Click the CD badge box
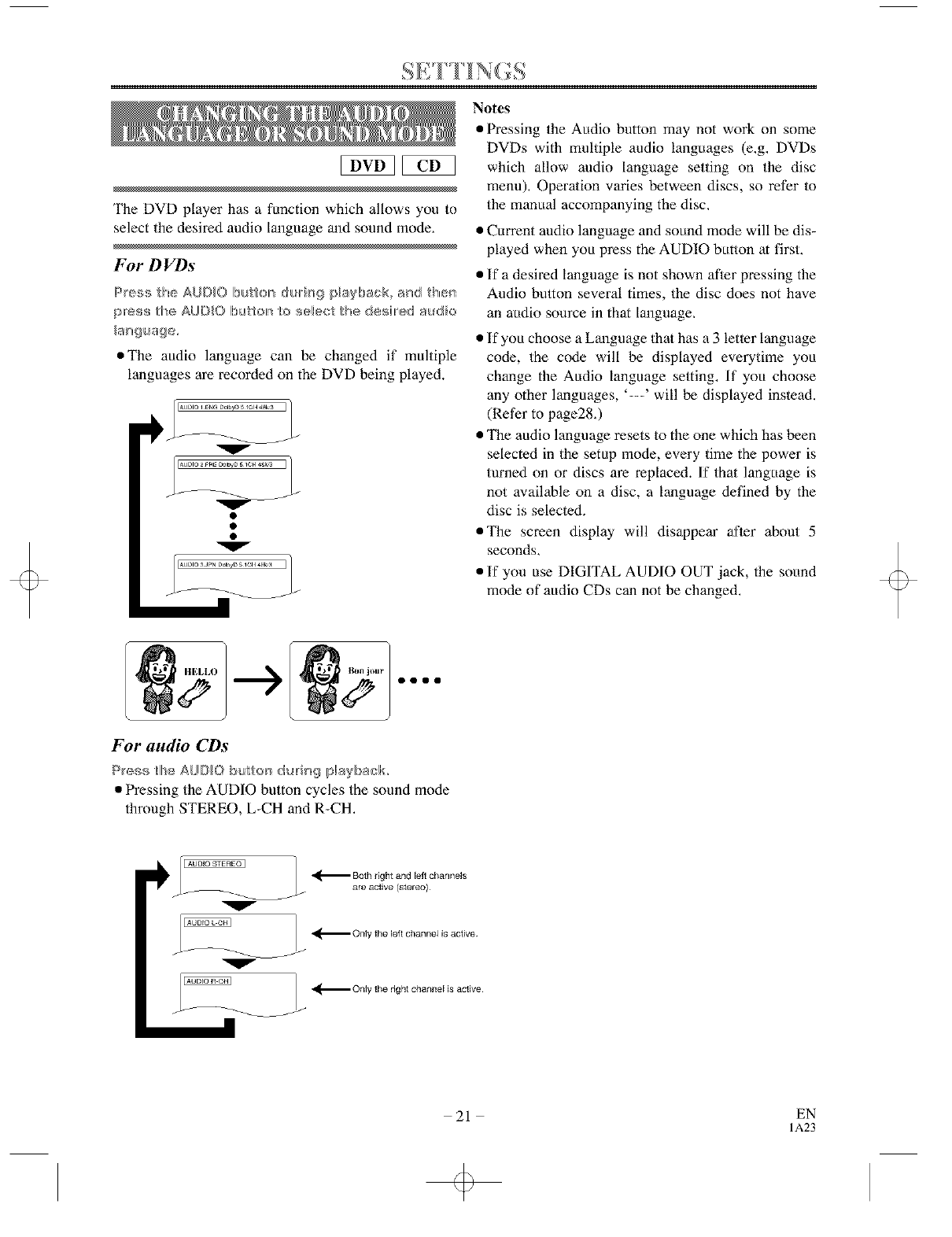click(x=429, y=165)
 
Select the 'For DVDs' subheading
click(x=153, y=263)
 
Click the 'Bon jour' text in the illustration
click(x=365, y=670)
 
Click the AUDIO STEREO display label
click(x=214, y=864)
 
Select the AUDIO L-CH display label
click(x=206, y=923)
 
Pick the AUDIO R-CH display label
click(x=206, y=981)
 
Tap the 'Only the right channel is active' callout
click(x=417, y=989)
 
